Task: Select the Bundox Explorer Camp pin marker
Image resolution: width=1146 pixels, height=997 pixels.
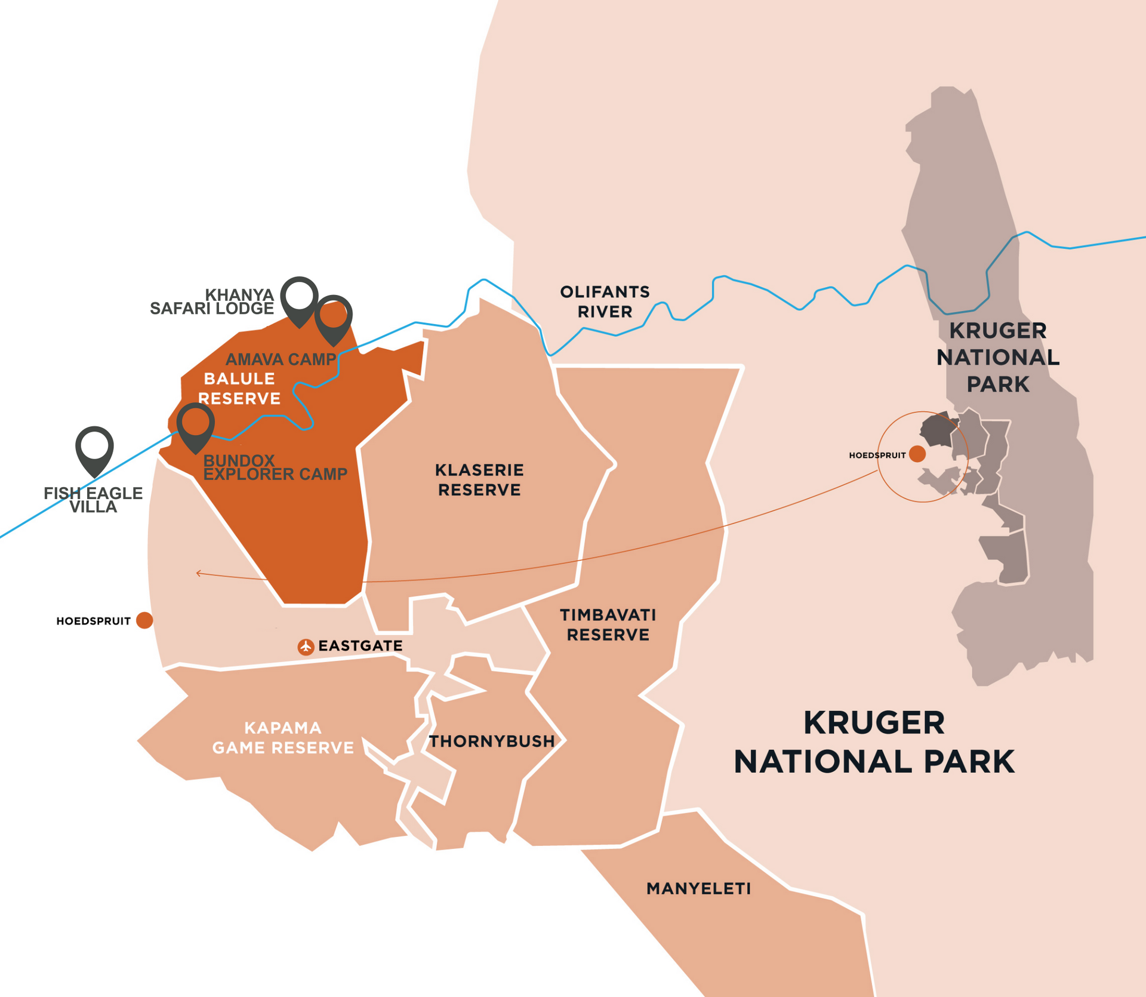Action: point(195,423)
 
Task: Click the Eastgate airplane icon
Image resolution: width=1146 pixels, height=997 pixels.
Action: point(306,647)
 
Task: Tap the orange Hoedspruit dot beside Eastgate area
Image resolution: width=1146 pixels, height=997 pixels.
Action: point(144,620)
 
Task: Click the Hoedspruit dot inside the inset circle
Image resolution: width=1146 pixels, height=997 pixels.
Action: point(917,454)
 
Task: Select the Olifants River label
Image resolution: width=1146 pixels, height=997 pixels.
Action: point(605,301)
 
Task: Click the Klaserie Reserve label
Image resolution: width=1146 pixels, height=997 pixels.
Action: point(479,479)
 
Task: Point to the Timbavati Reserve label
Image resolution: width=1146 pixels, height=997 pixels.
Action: point(608,624)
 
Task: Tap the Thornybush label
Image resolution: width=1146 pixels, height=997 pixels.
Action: point(492,741)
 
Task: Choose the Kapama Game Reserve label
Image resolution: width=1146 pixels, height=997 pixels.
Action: point(283,737)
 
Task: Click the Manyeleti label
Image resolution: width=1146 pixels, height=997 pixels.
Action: point(698,888)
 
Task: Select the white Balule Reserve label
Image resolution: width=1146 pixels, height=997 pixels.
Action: point(239,388)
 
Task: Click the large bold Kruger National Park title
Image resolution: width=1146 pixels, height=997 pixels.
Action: point(874,742)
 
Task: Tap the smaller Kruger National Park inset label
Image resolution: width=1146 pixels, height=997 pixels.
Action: point(997,357)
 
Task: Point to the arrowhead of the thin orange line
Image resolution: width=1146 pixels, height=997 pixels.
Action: point(198,573)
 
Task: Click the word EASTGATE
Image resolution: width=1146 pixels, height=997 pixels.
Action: point(360,646)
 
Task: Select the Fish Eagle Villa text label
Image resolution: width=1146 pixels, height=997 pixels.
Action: point(93,500)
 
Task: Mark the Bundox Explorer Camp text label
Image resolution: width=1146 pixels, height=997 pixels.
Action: point(275,467)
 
